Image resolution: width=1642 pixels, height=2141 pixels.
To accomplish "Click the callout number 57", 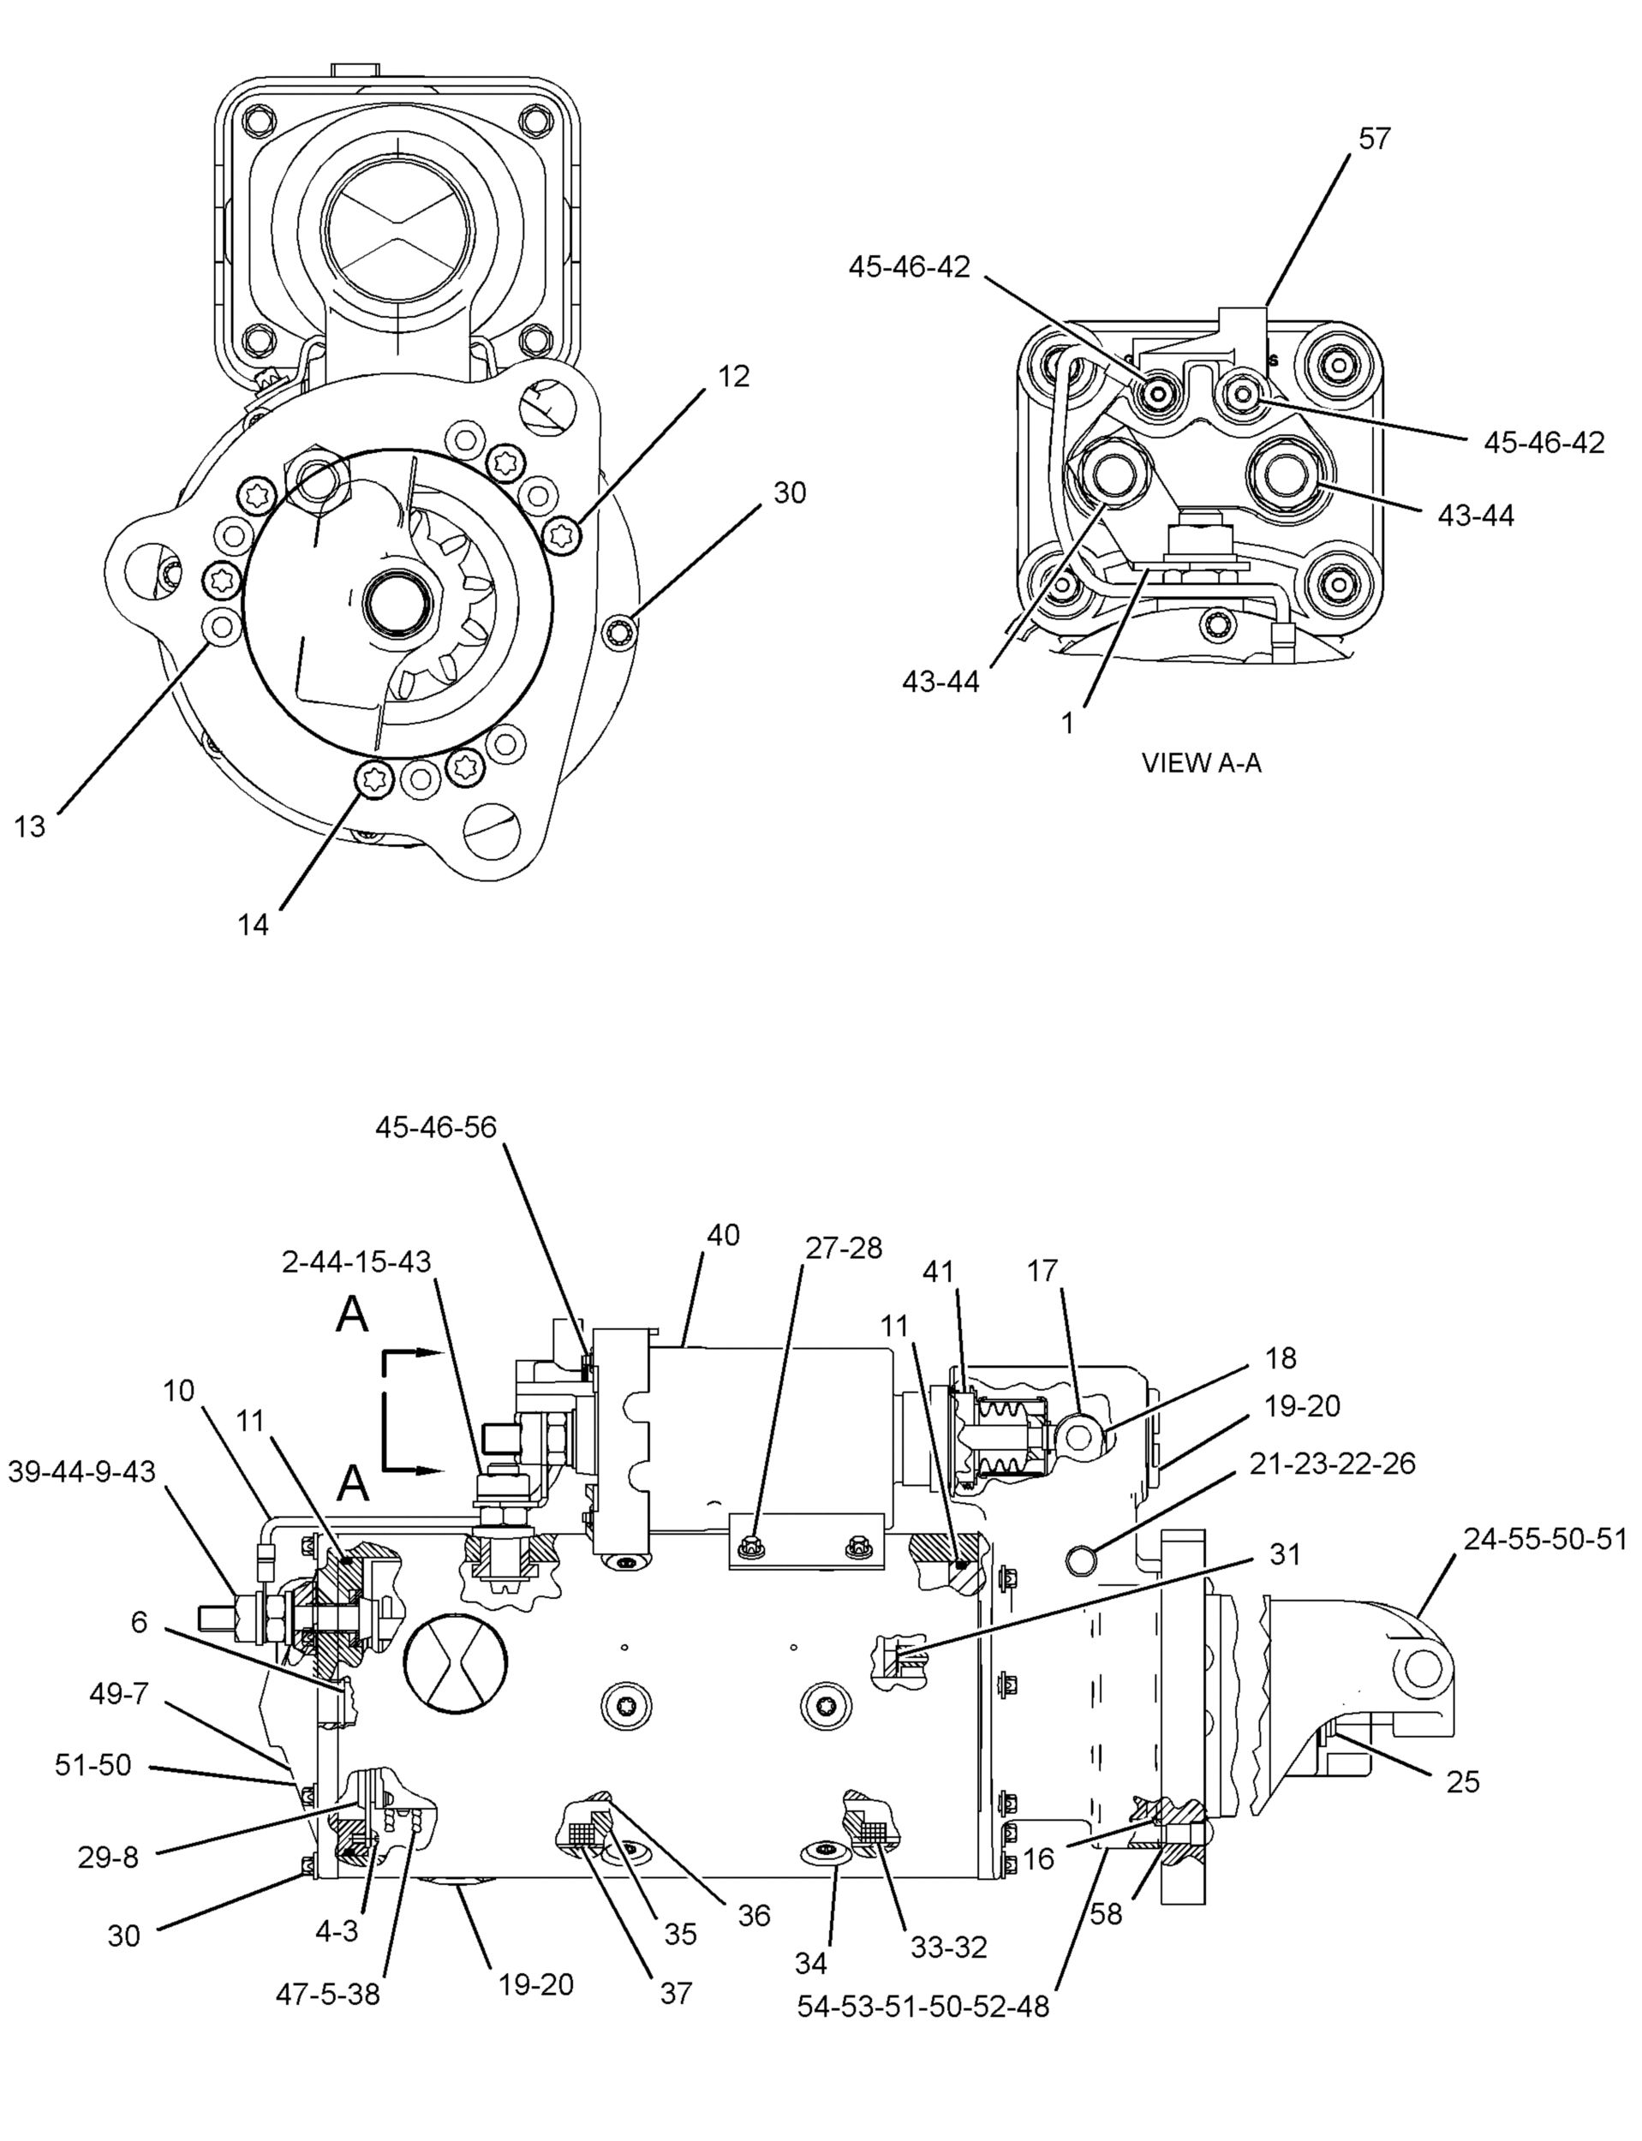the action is tap(1374, 139).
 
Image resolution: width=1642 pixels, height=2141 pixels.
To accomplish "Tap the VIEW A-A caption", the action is tap(1201, 763).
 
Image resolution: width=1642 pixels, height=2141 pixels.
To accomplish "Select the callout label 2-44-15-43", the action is tap(355, 1261).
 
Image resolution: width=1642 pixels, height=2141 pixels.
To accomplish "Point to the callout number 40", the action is tap(723, 1235).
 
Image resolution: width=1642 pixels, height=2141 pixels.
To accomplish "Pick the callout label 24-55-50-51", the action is tap(1544, 1540).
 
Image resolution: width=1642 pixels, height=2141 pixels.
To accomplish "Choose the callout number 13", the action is tap(29, 826).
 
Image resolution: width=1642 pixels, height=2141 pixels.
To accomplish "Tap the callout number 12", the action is tap(733, 376).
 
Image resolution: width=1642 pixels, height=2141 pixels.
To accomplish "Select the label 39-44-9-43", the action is tap(82, 1471).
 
